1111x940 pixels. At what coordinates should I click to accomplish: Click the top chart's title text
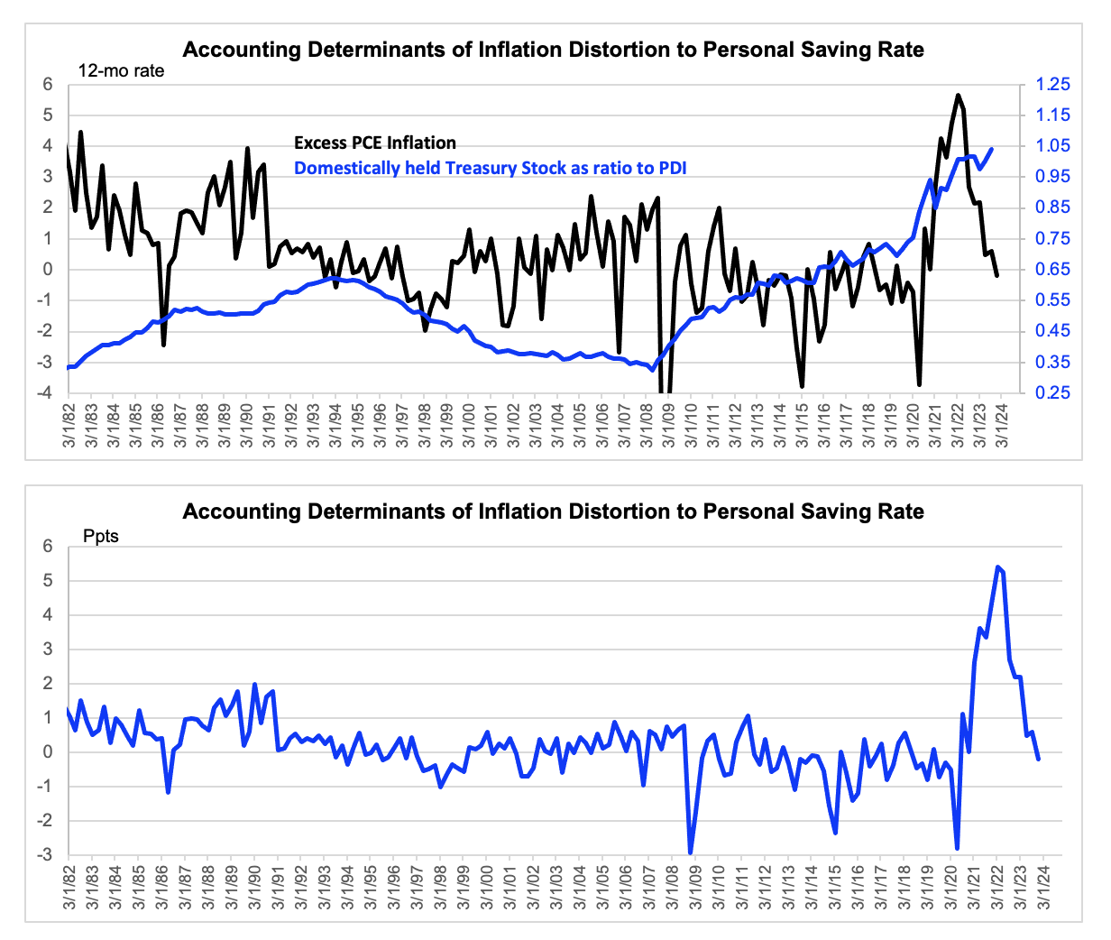553,50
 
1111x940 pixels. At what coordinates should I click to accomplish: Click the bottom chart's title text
553,511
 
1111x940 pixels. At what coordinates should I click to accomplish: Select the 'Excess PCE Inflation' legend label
375,143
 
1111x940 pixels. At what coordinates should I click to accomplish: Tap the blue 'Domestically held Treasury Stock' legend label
491,169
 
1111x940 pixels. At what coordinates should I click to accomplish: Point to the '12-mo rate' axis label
122,71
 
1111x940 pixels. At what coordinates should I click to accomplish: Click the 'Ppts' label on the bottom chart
101,536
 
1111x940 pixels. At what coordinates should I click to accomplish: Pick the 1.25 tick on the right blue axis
1052,85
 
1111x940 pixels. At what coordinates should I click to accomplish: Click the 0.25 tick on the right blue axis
1052,392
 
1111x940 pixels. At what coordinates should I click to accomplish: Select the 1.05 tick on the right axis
1052,146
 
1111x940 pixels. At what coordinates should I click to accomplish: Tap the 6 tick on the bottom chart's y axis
49,547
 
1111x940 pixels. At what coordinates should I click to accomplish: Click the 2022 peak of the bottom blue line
997,567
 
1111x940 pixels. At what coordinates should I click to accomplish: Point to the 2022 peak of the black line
958,96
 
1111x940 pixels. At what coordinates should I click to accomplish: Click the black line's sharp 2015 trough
802,386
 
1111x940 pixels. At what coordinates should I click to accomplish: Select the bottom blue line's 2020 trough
957,849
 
